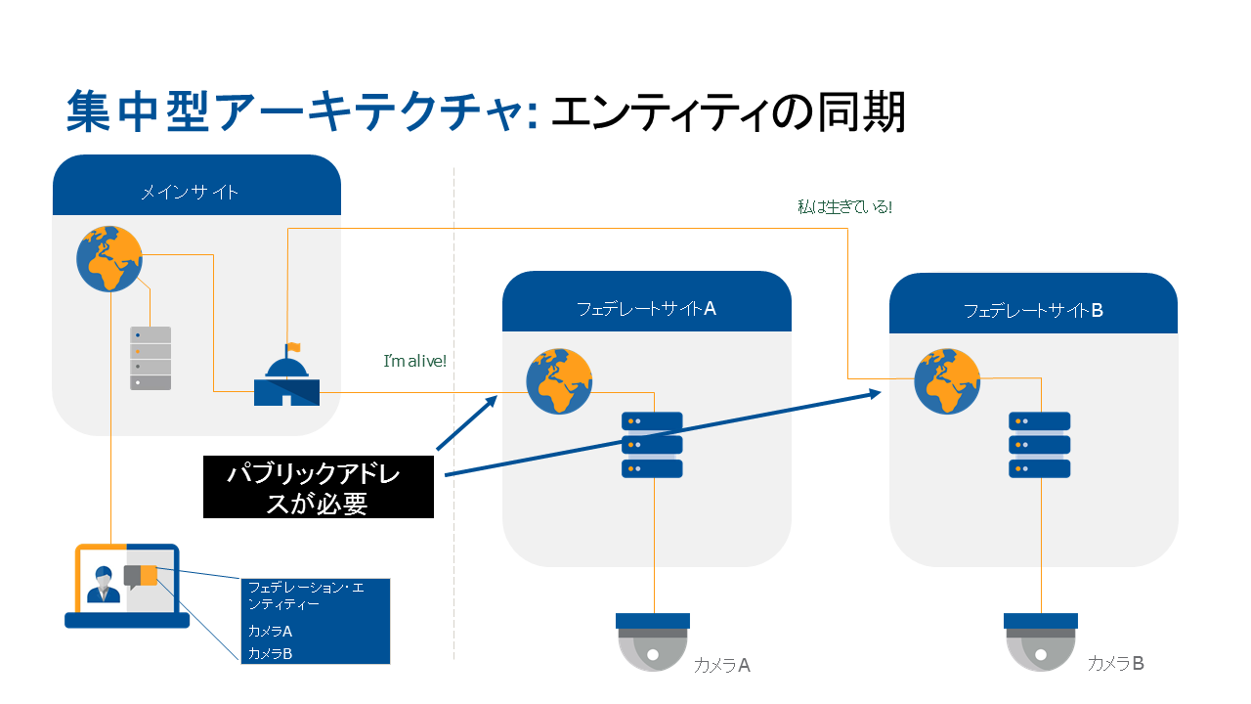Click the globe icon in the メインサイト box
tap(109, 258)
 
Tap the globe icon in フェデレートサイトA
tap(559, 381)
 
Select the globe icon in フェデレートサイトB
tap(947, 381)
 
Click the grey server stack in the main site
tap(151, 359)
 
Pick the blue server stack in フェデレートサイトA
tap(652, 445)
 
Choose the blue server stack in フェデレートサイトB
tap(1040, 445)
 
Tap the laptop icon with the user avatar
tap(127, 586)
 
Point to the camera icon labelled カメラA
tap(653, 641)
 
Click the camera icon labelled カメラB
tap(1040, 641)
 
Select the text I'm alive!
tap(415, 361)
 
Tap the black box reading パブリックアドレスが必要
tap(319, 487)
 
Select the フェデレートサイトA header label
tap(646, 309)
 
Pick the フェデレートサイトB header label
tap(1033, 310)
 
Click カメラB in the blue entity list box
tap(271, 653)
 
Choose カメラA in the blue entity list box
tap(271, 632)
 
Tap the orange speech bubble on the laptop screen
tap(147, 576)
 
